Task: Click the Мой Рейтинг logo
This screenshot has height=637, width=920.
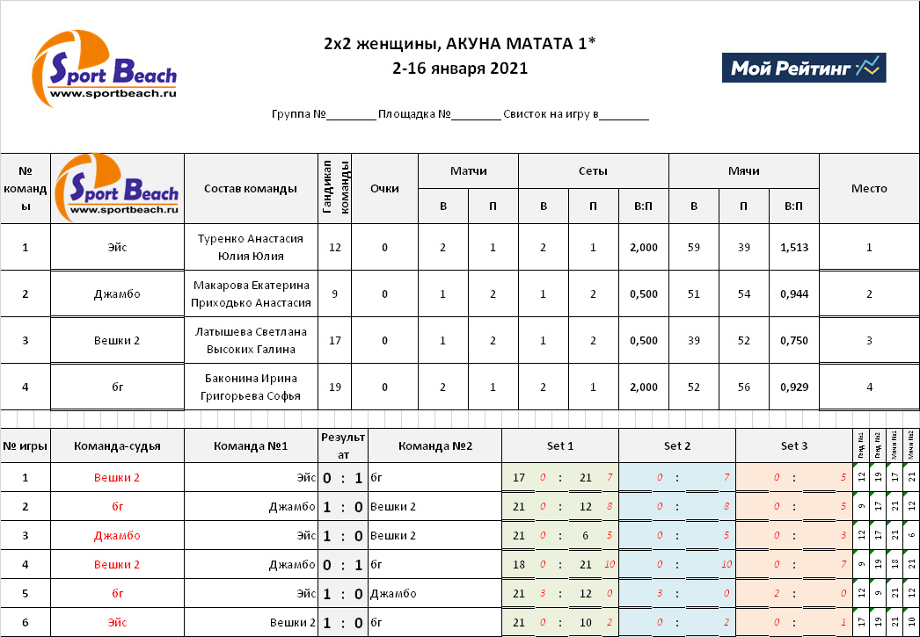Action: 803,68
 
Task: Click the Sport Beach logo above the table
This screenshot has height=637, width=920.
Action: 105,66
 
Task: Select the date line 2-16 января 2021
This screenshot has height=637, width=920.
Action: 460,68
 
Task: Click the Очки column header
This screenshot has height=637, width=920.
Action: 384,189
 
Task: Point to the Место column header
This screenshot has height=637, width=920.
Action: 869,189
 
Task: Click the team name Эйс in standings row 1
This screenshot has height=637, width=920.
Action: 117,248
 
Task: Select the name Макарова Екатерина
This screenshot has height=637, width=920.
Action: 251,286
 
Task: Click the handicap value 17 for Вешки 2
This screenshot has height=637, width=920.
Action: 334,341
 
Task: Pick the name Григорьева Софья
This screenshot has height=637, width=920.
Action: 251,396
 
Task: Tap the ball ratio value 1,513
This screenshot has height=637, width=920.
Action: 793,248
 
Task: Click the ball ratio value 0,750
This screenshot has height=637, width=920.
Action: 793,341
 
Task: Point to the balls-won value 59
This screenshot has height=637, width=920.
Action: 694,248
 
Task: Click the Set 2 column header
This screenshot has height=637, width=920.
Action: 677,446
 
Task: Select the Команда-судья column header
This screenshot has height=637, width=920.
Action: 117,446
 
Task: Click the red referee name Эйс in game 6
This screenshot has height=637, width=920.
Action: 117,623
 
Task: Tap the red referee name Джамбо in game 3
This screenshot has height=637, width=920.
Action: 117,535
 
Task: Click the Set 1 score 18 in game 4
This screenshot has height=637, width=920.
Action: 519,564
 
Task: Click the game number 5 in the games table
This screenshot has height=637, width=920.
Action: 25,594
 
